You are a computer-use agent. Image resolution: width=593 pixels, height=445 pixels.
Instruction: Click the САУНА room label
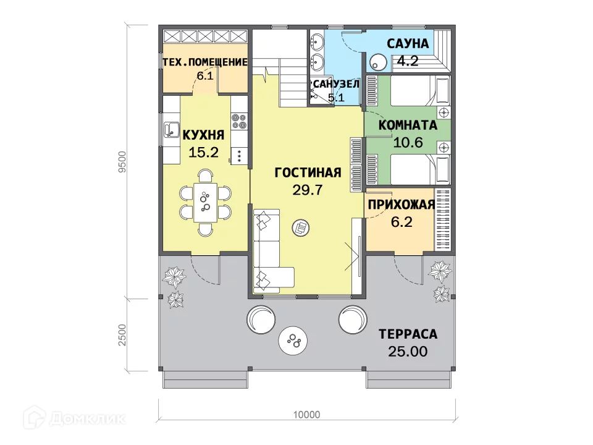point(408,43)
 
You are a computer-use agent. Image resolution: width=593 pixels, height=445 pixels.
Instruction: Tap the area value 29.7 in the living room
point(308,190)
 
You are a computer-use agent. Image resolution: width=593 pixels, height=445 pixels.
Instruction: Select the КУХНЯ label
point(203,135)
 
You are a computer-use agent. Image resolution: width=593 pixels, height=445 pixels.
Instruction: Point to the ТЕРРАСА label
point(408,334)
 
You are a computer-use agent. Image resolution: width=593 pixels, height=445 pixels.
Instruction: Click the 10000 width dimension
point(307,415)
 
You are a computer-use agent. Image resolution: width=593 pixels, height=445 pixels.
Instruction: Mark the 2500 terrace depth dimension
point(122,334)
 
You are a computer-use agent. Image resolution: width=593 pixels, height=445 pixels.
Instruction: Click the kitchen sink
point(172,129)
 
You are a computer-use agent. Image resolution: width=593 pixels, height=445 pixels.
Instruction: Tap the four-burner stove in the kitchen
point(239,121)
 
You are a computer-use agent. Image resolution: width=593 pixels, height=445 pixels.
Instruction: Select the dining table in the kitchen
point(205,203)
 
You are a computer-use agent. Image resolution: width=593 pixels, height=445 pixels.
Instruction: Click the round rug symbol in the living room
point(301,228)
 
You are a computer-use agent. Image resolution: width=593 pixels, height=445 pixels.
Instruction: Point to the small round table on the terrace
point(293,340)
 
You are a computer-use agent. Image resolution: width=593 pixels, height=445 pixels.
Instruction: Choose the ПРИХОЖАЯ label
point(402,205)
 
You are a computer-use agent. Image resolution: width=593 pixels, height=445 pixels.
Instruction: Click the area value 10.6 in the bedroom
point(408,143)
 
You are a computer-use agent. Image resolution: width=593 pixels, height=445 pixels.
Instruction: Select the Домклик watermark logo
point(75,418)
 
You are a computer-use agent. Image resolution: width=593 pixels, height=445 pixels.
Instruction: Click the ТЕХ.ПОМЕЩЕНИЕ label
point(205,62)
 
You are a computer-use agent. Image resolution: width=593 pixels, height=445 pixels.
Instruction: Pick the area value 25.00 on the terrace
point(408,352)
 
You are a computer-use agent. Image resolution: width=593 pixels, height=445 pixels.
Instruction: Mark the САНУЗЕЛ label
point(335,84)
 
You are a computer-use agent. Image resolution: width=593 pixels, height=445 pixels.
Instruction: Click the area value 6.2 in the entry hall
point(402,222)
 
